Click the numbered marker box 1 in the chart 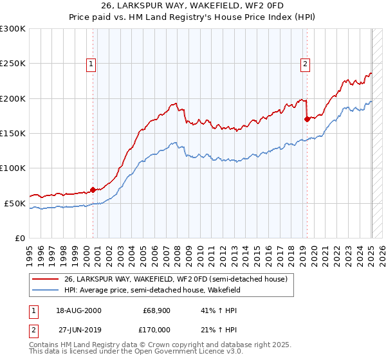click(91, 64)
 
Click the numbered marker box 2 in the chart click(304, 64)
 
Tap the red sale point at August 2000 click(93, 189)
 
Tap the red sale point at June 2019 click(307, 118)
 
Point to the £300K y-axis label click(12, 29)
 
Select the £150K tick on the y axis click(12, 133)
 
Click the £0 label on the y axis click(18, 238)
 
